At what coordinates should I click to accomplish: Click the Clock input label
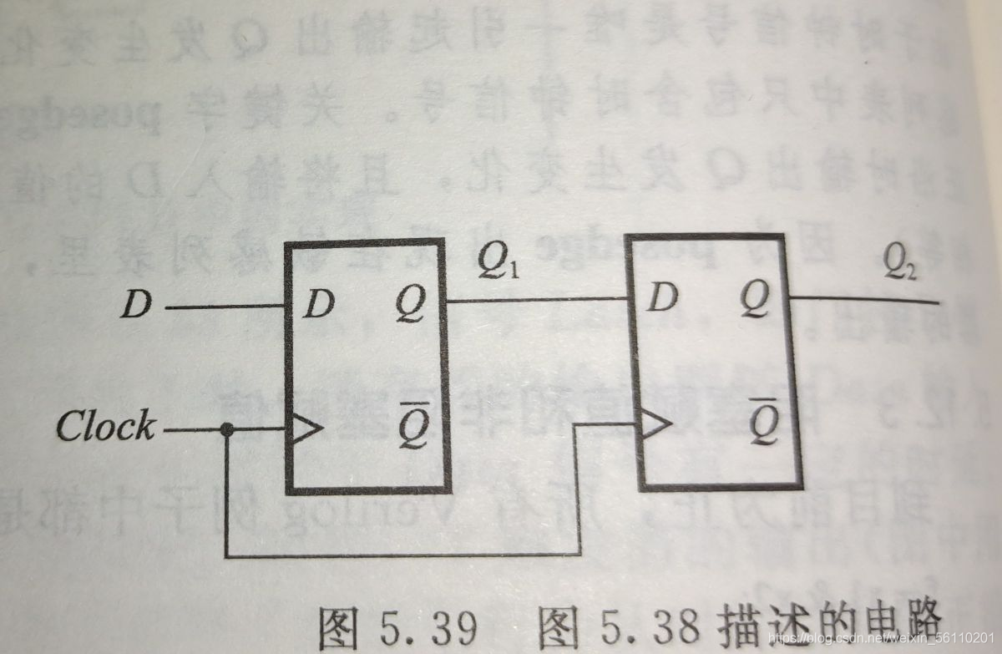click(105, 427)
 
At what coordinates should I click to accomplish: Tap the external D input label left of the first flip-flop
click(135, 307)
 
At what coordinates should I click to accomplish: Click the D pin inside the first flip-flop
click(317, 307)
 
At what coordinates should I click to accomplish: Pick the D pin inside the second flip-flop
click(661, 297)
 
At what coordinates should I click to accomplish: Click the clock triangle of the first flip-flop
click(303, 430)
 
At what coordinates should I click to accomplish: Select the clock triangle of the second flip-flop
click(655, 425)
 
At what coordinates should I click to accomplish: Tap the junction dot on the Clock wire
click(226, 430)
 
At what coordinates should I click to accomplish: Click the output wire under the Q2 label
click(868, 298)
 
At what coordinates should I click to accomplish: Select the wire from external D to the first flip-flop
click(225, 307)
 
